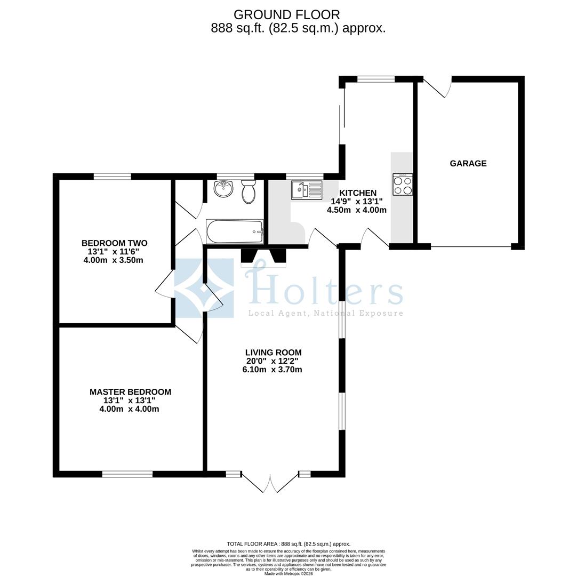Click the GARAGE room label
468,164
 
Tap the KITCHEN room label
358,193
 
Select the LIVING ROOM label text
273,353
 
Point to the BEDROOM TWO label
114,243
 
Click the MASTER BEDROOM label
130,392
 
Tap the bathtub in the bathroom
235,231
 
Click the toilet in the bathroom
249,191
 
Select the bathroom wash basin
223,188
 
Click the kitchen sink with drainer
307,189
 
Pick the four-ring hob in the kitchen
403,185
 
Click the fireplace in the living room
263,257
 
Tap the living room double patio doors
270,483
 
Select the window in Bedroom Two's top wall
112,177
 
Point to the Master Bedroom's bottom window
127,474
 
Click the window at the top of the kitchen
375,79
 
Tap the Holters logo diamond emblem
204,289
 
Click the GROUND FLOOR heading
286,15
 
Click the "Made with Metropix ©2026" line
288,573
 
